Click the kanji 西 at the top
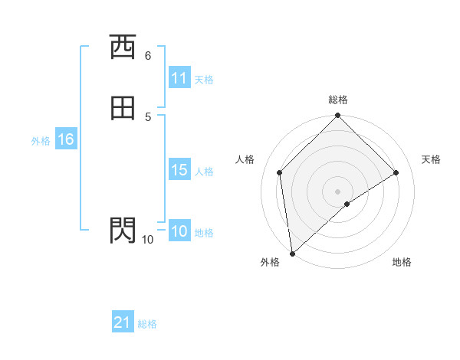click(x=122, y=47)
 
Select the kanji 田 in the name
click(x=122, y=109)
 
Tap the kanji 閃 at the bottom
click(x=122, y=230)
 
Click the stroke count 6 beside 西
click(x=148, y=55)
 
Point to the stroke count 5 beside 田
click(x=148, y=116)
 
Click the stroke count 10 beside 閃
click(x=147, y=240)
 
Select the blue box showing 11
click(x=179, y=78)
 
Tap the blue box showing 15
click(x=179, y=170)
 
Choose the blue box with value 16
click(x=65, y=139)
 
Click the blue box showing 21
click(x=123, y=322)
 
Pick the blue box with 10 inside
click(x=179, y=231)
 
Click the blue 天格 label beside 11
click(x=204, y=79)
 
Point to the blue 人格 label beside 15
click(x=204, y=171)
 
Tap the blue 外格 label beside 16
click(x=41, y=140)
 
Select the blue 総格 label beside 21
click(x=147, y=323)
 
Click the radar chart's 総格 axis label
click(x=338, y=100)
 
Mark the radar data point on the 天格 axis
click(x=396, y=172)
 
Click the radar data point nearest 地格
click(x=347, y=204)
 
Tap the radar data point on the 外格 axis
click(x=292, y=253)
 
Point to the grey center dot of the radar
click(x=338, y=191)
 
